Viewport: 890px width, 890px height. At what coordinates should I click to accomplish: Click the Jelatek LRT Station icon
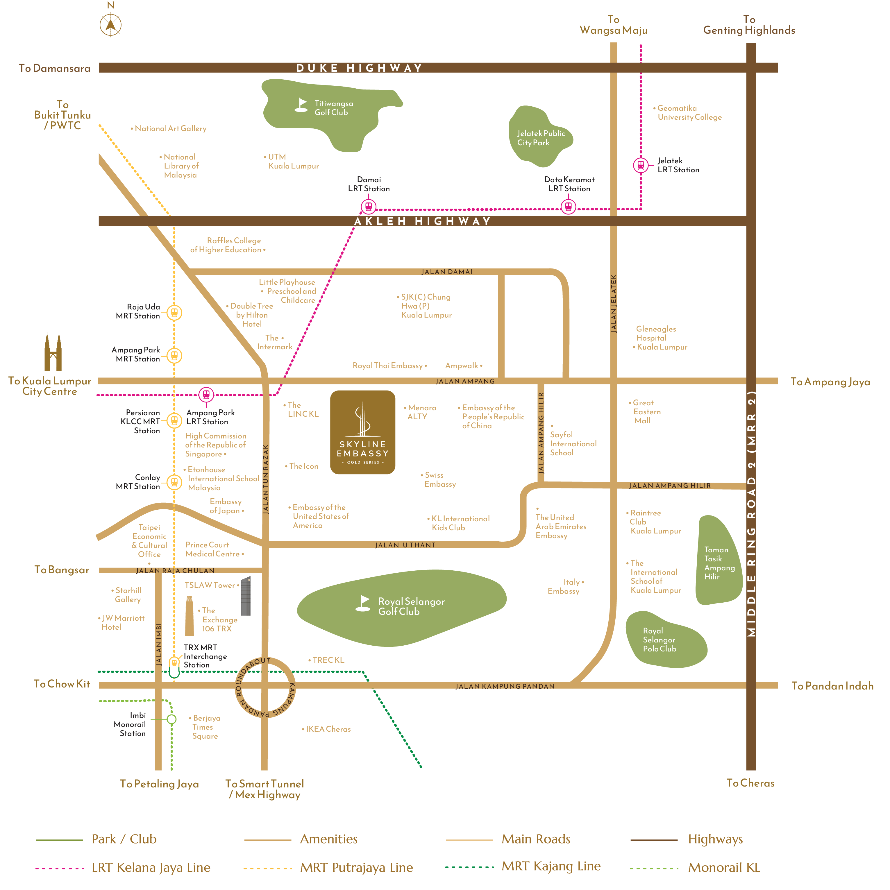point(641,165)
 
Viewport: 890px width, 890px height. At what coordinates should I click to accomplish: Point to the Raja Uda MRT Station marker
point(174,313)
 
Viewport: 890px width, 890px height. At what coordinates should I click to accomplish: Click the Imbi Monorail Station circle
point(171,719)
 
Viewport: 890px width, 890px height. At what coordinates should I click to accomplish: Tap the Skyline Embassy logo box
point(363,432)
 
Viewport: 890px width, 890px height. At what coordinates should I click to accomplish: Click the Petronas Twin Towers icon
point(53,352)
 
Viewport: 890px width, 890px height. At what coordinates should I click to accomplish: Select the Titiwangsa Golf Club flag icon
point(301,105)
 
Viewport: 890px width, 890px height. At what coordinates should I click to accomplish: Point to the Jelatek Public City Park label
point(541,138)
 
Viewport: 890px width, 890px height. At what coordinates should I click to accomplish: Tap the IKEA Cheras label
point(326,729)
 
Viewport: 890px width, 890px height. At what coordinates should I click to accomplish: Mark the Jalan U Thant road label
point(405,545)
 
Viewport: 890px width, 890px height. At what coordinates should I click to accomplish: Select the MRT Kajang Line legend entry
point(523,866)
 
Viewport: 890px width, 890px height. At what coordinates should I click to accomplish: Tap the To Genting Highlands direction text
point(749,25)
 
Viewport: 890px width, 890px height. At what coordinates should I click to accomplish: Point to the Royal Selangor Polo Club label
point(660,640)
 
